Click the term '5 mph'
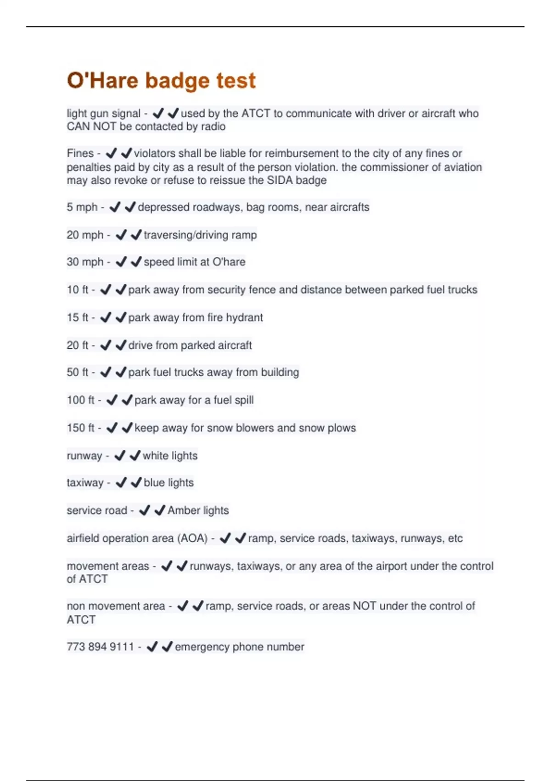point(82,207)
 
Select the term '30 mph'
point(85,262)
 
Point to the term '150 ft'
point(80,428)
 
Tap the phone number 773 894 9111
point(100,647)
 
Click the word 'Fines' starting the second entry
point(80,153)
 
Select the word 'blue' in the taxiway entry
point(154,482)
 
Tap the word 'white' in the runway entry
point(156,455)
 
